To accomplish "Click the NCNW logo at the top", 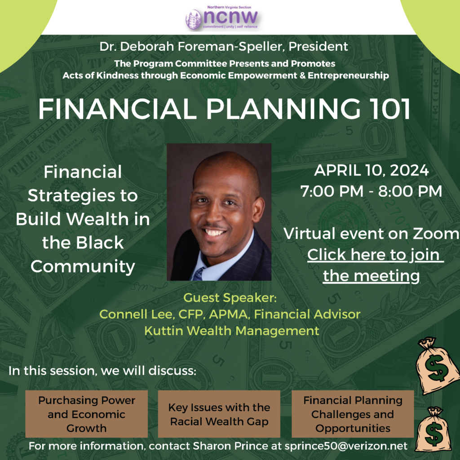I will (x=222, y=18).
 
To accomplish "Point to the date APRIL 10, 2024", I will (x=371, y=171).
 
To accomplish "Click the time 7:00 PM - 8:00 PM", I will (x=371, y=191).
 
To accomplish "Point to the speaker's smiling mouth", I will (x=215, y=234).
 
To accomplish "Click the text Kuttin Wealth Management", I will (x=231, y=331).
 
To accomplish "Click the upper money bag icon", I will (x=437, y=365).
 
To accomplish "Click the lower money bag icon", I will (x=433, y=430).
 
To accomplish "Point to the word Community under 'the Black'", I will (x=83, y=266).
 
